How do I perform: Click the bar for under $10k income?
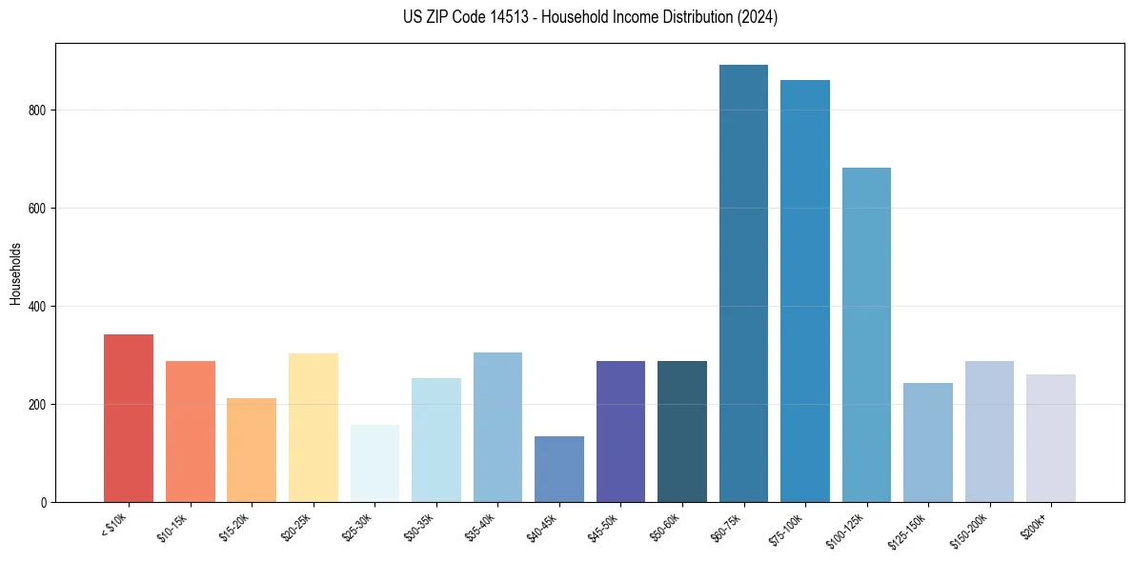[128, 418]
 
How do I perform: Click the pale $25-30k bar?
[374, 464]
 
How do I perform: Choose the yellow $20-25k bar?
[313, 428]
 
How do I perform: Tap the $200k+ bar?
[1050, 438]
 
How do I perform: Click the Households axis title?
[15, 273]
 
